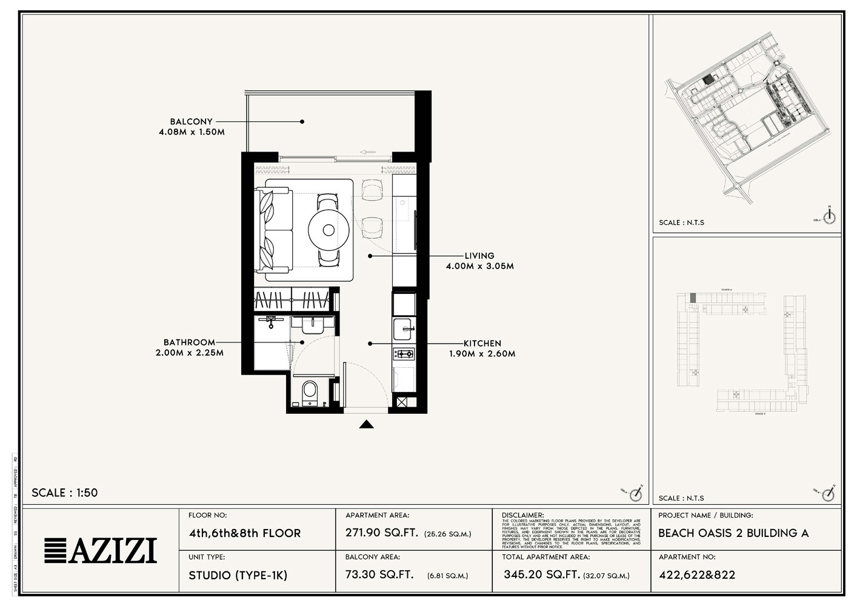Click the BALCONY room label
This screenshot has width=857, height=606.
pos(191,121)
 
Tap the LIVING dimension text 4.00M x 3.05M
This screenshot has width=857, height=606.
pos(479,266)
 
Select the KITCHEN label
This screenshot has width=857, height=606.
pos(482,343)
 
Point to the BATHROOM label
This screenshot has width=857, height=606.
pos(189,342)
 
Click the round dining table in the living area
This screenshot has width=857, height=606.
pos(328,230)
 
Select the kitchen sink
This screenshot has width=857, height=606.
pos(404,329)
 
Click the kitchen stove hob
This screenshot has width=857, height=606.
pos(404,353)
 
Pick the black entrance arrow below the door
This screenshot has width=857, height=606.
pos(365,424)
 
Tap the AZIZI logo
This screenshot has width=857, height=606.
pos(101,550)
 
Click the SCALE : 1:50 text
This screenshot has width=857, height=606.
pos(64,493)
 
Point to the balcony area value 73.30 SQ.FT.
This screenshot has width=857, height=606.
pos(379,574)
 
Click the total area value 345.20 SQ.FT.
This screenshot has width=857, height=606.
pos(541,574)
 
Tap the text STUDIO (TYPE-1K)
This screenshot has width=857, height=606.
pos(238,575)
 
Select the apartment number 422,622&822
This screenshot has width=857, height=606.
pos(696,575)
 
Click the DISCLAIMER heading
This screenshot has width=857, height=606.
pos(522,515)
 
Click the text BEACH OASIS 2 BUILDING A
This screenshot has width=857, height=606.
pos(733,533)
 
